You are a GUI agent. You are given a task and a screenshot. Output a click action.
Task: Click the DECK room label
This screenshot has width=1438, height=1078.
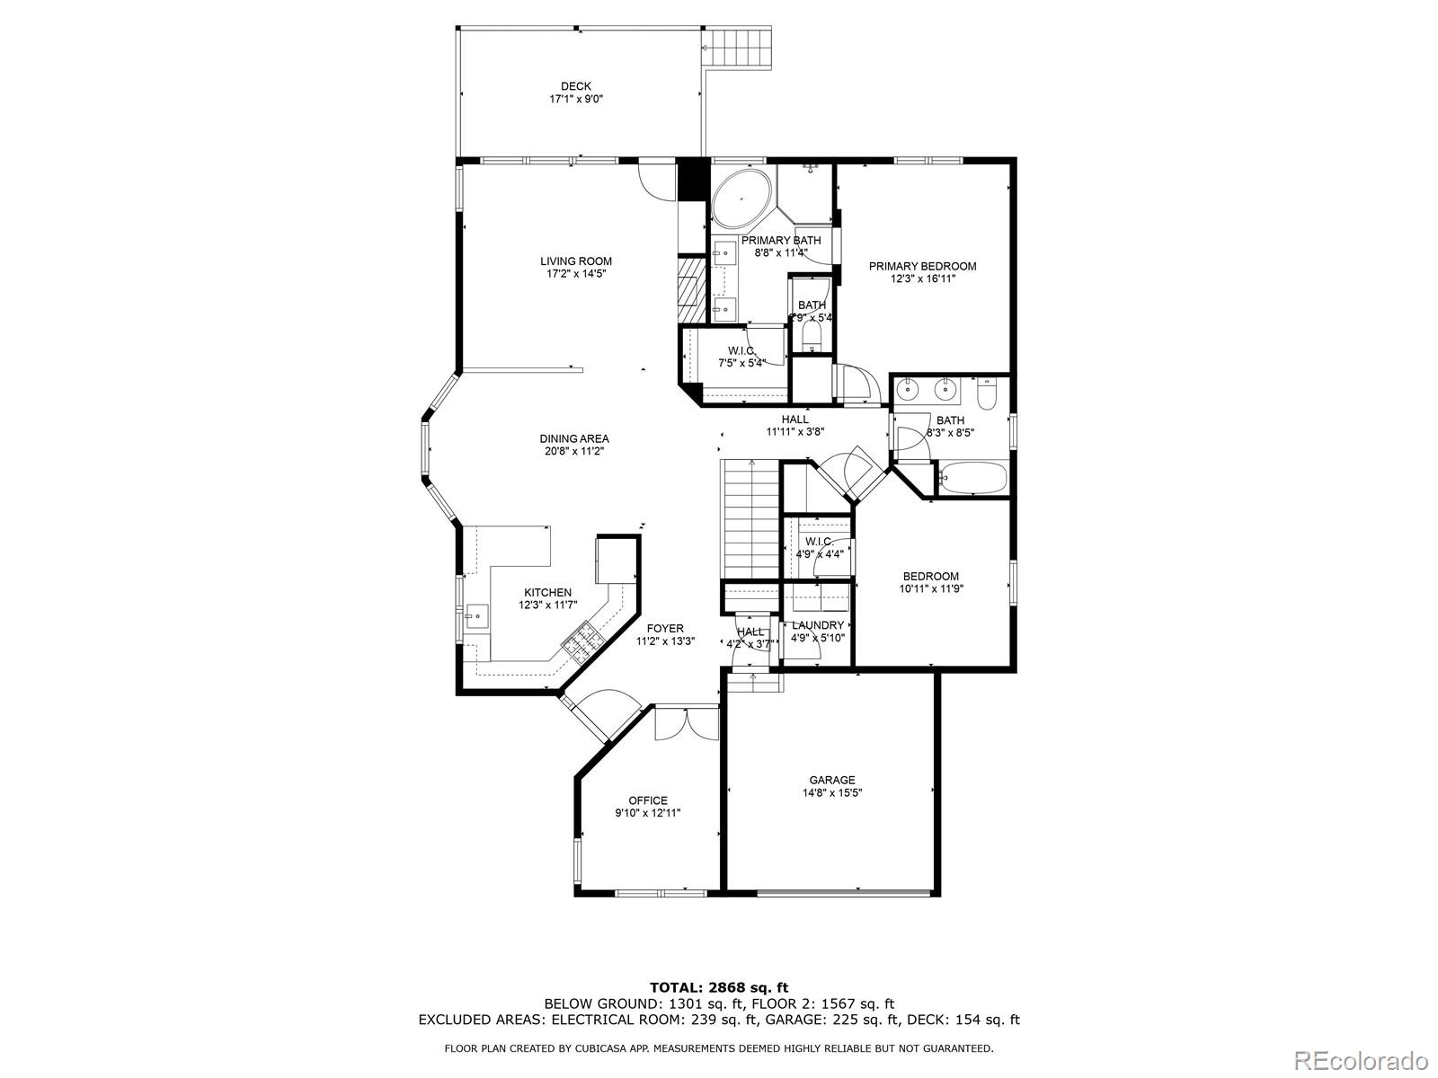click(x=576, y=87)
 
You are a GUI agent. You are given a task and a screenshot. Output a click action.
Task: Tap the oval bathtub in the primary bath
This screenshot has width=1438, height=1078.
click(x=741, y=198)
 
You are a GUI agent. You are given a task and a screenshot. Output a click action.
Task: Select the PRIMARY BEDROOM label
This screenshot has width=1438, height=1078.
click(x=922, y=266)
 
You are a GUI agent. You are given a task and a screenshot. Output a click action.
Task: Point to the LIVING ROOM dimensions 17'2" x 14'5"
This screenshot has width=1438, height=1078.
click(x=576, y=274)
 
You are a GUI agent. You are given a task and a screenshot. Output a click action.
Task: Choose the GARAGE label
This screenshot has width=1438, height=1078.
click(x=832, y=780)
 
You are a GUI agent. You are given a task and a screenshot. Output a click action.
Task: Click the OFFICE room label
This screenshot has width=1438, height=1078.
click(x=647, y=800)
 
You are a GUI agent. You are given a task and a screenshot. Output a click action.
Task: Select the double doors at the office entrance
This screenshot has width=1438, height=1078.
click(x=687, y=723)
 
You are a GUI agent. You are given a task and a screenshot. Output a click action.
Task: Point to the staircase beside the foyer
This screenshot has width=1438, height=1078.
click(x=749, y=518)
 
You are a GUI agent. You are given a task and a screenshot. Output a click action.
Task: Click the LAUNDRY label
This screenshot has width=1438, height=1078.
click(x=818, y=625)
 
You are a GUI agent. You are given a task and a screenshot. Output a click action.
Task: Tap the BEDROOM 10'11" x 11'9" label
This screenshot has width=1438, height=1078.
click(x=930, y=583)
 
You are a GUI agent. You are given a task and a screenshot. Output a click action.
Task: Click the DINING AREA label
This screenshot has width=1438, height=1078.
click(x=574, y=439)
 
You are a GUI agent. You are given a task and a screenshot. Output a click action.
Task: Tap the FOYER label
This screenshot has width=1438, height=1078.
click(x=665, y=629)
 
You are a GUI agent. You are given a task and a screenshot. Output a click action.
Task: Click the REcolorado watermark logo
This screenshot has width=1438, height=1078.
click(x=1365, y=1056)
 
